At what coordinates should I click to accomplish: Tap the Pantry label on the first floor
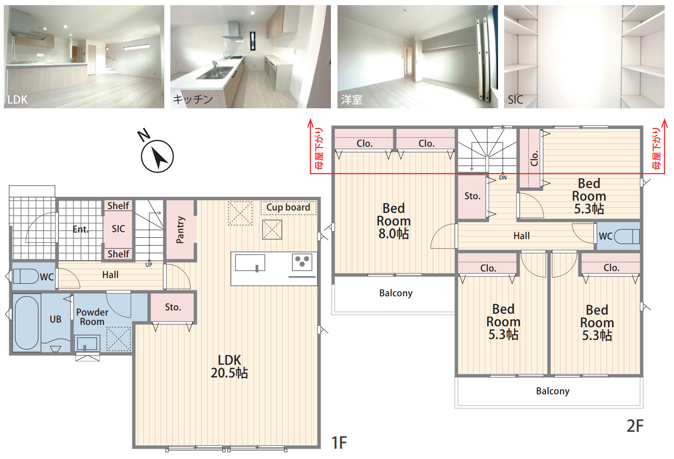[180, 230]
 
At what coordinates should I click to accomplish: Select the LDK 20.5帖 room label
[229, 367]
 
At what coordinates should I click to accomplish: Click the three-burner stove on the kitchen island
[302, 262]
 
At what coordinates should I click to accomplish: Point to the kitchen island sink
[250, 263]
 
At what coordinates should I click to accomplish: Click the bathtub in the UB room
[27, 323]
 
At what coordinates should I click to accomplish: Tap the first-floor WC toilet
[26, 276]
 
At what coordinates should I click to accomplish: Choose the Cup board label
[288, 207]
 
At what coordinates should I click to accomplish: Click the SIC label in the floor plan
[118, 229]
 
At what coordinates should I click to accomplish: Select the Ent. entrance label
[81, 229]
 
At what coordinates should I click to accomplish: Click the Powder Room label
[92, 317]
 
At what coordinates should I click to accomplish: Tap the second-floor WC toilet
[626, 236]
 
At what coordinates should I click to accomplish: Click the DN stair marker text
[503, 178]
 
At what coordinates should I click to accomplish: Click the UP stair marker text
[149, 265]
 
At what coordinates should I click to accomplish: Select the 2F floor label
[635, 426]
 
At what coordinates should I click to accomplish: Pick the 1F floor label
[339, 443]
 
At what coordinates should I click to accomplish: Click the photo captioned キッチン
[250, 57]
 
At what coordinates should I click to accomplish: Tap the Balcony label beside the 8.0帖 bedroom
[396, 293]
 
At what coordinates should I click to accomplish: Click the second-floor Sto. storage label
[472, 196]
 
